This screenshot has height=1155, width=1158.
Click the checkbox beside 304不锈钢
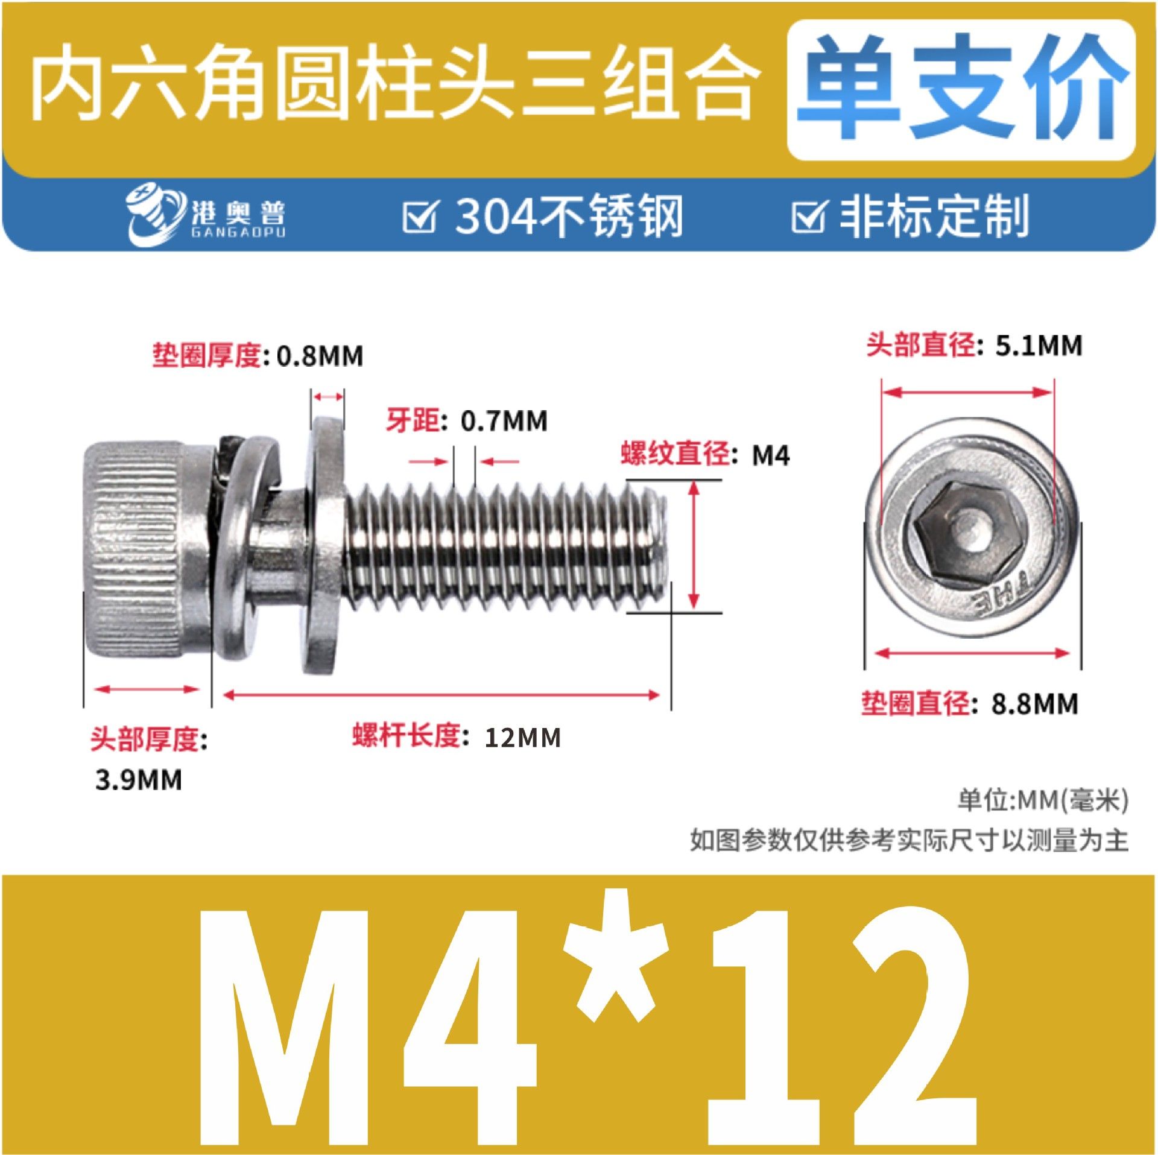click(419, 217)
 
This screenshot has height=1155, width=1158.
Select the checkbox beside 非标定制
click(808, 217)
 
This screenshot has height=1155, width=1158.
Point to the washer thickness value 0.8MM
click(320, 356)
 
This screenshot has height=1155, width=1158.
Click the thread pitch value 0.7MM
click(504, 421)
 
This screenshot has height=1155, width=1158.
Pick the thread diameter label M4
click(770, 455)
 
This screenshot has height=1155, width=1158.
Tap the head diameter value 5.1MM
click(1039, 346)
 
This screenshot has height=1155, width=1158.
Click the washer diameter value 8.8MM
click(1035, 704)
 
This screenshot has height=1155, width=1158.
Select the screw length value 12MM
click(522, 738)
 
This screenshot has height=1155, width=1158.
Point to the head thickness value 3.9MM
click(138, 780)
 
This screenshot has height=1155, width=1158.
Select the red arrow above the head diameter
click(967, 392)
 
